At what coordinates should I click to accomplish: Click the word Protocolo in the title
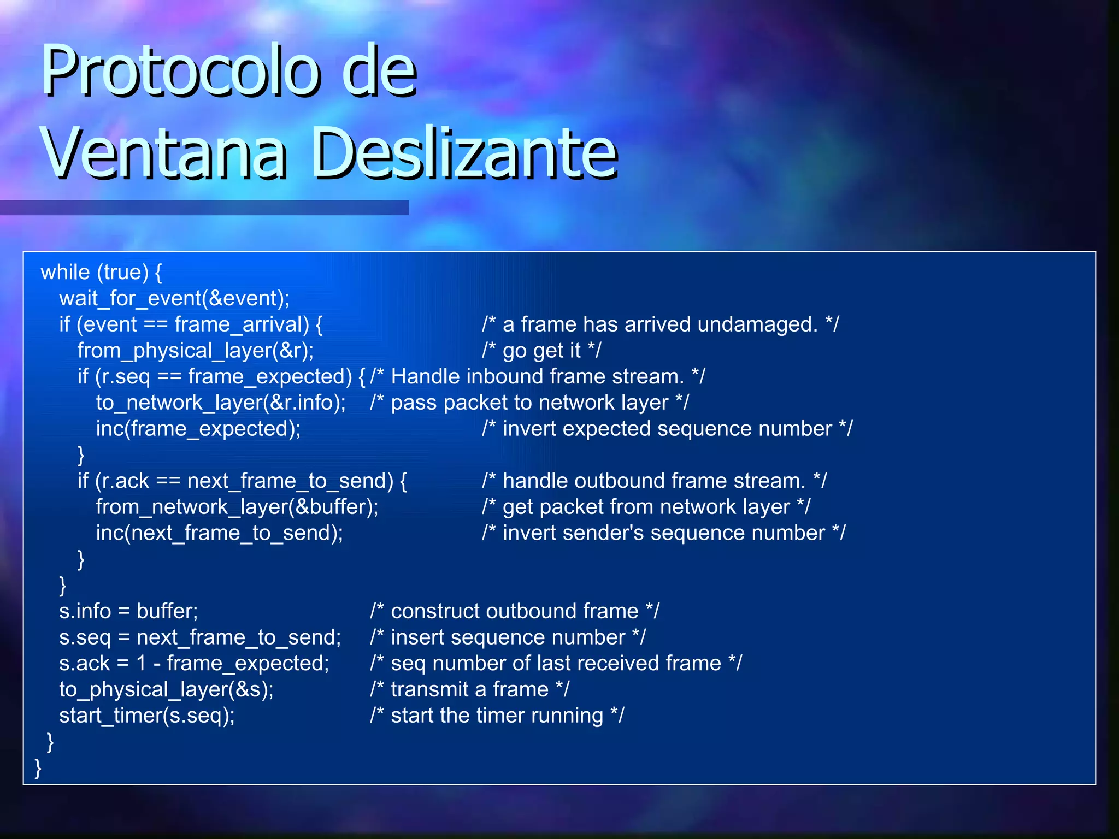click(180, 71)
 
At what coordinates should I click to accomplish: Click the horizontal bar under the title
click(204, 208)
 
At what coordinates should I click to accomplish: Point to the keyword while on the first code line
click(65, 272)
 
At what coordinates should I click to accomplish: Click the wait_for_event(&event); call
click(174, 298)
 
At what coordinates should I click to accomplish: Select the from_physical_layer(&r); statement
click(196, 351)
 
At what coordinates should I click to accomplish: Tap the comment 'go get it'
click(541, 351)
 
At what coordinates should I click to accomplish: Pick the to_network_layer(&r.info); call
click(221, 403)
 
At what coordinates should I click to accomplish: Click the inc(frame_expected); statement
click(198, 429)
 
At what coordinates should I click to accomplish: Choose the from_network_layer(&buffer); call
click(237, 507)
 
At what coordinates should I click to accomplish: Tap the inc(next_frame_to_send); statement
click(220, 533)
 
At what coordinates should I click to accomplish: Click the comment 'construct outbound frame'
click(514, 611)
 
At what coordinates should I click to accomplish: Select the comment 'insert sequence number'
click(508, 637)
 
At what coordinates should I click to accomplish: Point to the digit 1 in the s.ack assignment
click(142, 664)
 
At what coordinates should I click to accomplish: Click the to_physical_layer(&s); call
click(166, 689)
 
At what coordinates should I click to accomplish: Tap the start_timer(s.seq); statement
click(147, 716)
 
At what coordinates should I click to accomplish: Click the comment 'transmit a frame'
click(469, 689)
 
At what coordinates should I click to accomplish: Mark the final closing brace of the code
click(38, 768)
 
